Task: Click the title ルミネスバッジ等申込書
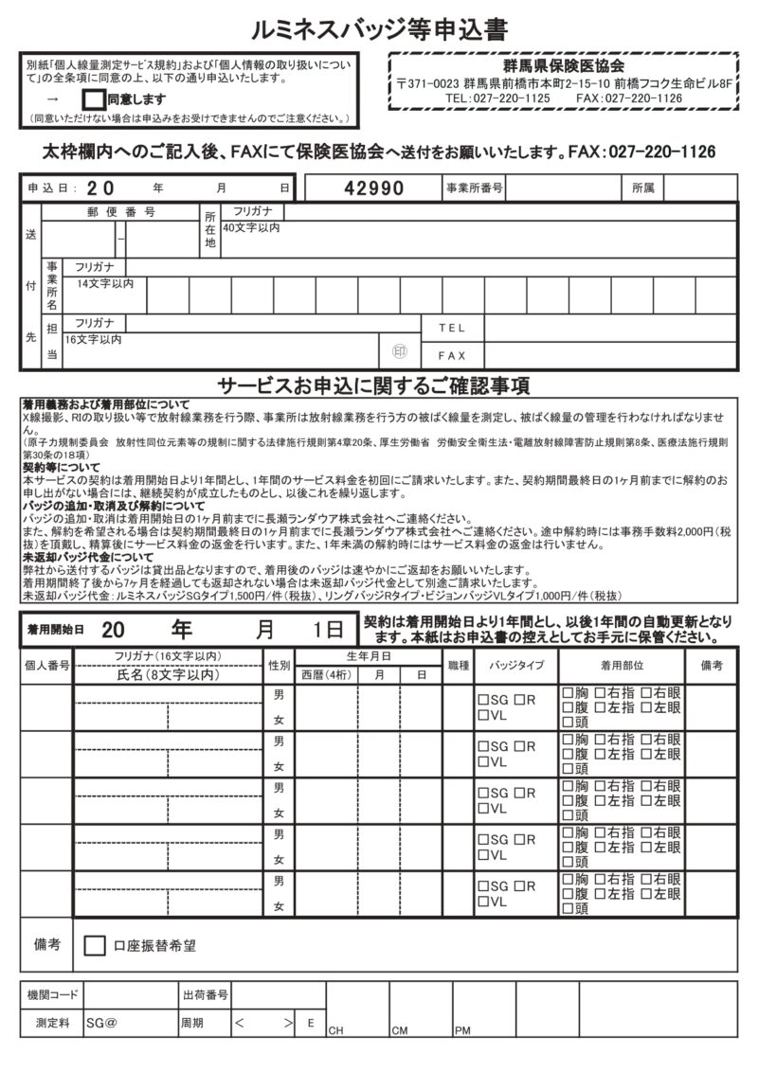[379, 31]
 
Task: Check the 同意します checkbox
[94, 98]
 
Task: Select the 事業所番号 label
[474, 188]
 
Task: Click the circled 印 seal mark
[399, 352]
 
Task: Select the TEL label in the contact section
[452, 328]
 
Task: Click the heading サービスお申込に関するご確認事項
[374, 385]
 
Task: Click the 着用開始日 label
[56, 630]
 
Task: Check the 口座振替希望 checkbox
[95, 945]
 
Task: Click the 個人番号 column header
[46, 666]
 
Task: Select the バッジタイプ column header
[516, 666]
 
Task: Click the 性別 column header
[279, 666]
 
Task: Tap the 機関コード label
[53, 995]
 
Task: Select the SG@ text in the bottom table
[101, 1024]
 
